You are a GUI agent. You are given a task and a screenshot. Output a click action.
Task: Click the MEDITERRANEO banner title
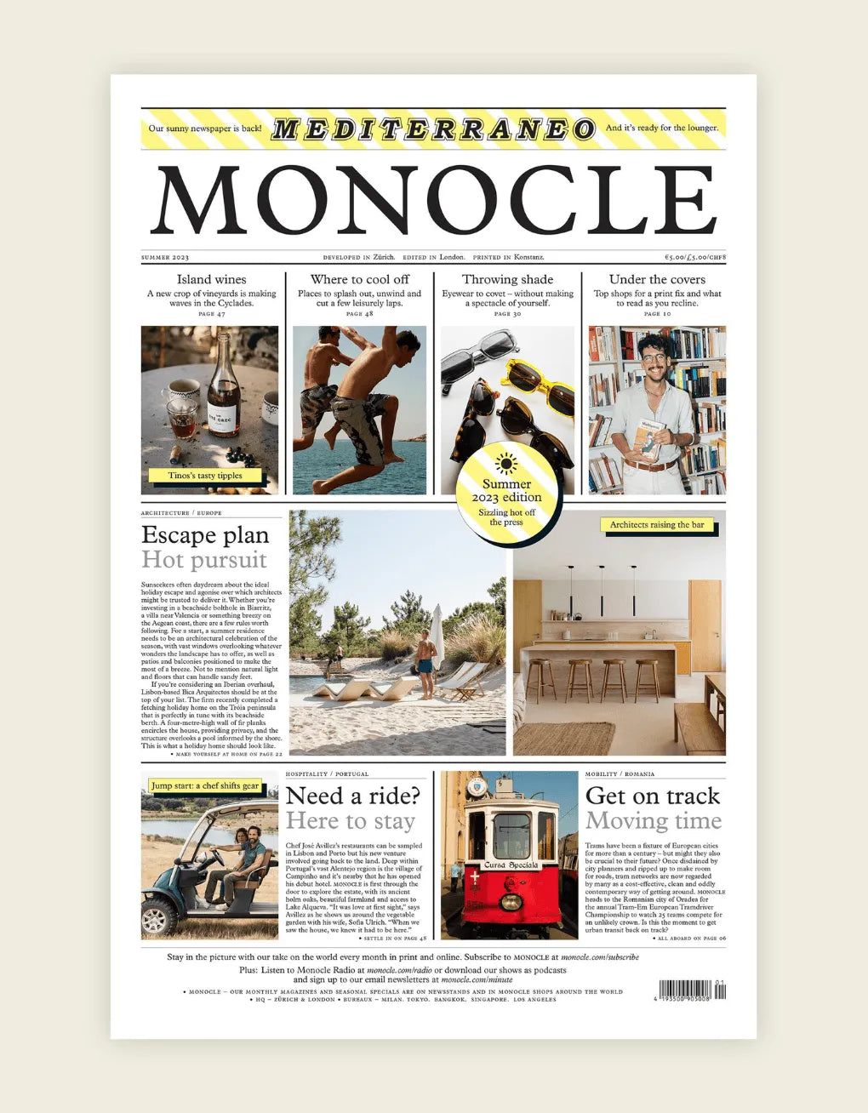[433, 129]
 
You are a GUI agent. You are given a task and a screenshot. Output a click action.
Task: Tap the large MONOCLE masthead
[434, 201]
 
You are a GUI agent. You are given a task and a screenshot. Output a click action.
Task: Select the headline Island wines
[211, 279]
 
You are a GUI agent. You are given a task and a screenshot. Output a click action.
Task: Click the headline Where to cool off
[359, 279]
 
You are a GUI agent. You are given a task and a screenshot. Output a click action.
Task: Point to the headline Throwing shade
[507, 279]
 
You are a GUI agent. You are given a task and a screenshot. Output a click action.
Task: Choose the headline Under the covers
[657, 279]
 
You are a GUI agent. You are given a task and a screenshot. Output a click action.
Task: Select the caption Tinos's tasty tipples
[205, 476]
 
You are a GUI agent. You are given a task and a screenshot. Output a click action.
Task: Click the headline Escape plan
[205, 535]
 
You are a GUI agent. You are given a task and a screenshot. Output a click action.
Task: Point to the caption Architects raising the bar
[657, 525]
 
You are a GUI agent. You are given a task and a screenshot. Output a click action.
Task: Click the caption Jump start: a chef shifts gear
[205, 785]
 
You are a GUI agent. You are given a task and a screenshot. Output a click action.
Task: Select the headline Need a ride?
[353, 796]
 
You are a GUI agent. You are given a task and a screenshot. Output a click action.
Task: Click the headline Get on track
[653, 796]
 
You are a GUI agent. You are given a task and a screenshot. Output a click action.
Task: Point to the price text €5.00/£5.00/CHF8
[694, 257]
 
